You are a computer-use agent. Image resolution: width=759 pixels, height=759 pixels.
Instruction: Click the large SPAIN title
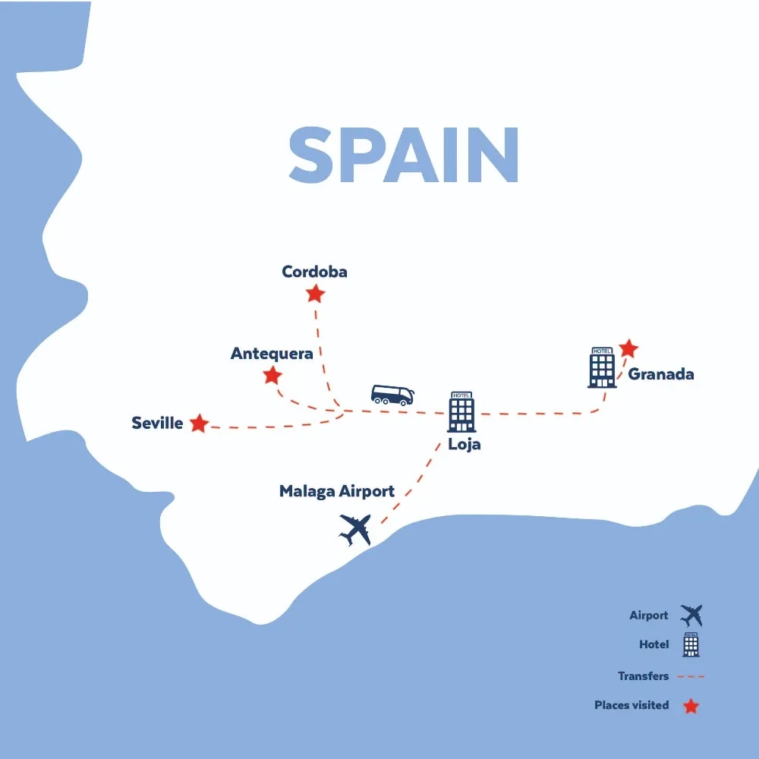pyautogui.click(x=403, y=156)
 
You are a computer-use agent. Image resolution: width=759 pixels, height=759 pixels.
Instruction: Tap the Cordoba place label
pyautogui.click(x=314, y=272)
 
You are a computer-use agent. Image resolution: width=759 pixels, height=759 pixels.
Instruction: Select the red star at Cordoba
pyautogui.click(x=315, y=294)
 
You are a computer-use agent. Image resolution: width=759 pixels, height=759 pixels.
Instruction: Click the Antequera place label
pyautogui.click(x=272, y=354)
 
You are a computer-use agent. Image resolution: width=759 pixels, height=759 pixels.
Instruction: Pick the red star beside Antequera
pyautogui.click(x=272, y=376)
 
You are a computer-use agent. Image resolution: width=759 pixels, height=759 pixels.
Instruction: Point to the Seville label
pyautogui.click(x=157, y=424)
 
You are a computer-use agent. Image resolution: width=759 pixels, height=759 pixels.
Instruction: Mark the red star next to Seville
pyautogui.click(x=199, y=424)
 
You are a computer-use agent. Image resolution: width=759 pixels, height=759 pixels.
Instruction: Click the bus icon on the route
pyautogui.click(x=392, y=395)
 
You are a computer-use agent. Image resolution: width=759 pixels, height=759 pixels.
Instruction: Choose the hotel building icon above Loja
pyautogui.click(x=461, y=412)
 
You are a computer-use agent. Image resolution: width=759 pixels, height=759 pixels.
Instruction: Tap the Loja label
pyautogui.click(x=465, y=445)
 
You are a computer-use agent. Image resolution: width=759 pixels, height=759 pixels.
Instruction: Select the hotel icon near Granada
pyautogui.click(x=602, y=367)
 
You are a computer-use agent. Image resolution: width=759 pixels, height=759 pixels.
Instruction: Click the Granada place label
pyautogui.click(x=660, y=374)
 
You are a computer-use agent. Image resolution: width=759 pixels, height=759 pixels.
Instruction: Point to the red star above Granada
pyautogui.click(x=628, y=348)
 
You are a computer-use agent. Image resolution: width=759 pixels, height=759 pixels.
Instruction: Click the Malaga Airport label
pyautogui.click(x=336, y=491)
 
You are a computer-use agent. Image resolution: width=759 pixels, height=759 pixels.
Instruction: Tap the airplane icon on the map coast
pyautogui.click(x=355, y=529)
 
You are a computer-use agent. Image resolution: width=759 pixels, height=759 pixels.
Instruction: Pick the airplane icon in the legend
pyautogui.click(x=691, y=615)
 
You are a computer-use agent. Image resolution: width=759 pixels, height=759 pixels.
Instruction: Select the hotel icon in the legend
pyautogui.click(x=691, y=644)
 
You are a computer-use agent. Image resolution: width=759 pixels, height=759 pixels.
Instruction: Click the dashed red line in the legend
pyautogui.click(x=690, y=676)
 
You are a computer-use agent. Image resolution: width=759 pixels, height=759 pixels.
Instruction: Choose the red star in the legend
pyautogui.click(x=691, y=706)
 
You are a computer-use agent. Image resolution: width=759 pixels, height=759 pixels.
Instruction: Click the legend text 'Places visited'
pyautogui.click(x=631, y=706)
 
